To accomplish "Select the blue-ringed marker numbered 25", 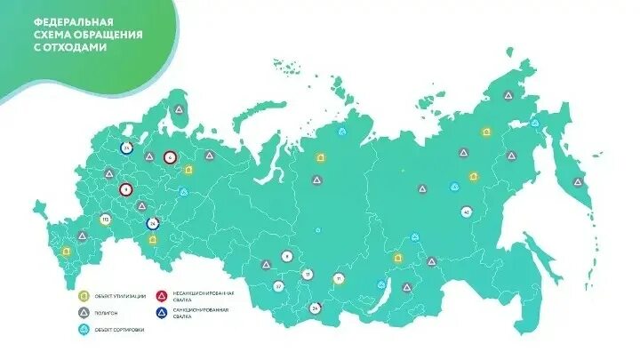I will click(127, 148).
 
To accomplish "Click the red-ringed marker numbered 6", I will click(170, 157).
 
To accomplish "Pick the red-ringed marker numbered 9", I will click(125, 189).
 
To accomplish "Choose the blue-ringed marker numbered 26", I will click(152, 223).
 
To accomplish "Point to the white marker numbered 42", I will click(467, 212).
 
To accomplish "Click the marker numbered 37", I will click(278, 286).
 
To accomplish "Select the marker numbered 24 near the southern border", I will click(315, 308).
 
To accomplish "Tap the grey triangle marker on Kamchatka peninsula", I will click(578, 181).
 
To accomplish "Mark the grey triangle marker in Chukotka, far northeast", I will click(508, 95).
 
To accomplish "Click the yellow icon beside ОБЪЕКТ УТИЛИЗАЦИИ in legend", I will click(83, 296).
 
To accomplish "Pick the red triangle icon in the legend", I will click(162, 296).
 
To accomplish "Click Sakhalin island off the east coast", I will click(558, 258).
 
